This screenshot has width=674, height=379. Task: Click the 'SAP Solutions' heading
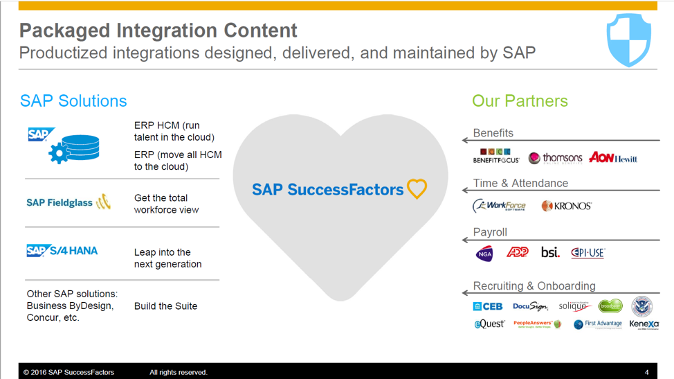[x=73, y=101]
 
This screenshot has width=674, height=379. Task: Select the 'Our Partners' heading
[x=520, y=101]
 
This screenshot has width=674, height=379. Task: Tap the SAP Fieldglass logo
[x=68, y=202]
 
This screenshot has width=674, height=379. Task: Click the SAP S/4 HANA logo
[x=62, y=251]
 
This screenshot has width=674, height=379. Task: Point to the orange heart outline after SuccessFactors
[x=417, y=189]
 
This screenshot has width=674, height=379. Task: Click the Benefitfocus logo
[x=495, y=157]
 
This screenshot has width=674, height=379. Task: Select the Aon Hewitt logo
[x=612, y=158]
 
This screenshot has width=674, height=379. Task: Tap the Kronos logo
[x=566, y=206]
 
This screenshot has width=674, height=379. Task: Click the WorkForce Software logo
[x=499, y=206]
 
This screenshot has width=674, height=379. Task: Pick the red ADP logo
[x=518, y=252]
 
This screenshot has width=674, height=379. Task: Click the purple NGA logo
[x=484, y=254]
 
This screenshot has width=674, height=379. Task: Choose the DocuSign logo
[x=530, y=306]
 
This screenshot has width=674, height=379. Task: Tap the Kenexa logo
[x=644, y=324]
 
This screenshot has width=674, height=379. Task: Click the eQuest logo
[x=489, y=324]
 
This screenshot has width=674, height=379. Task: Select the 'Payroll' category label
[x=490, y=232]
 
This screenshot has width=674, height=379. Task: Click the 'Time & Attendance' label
[x=520, y=183]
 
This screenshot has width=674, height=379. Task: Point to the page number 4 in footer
[x=646, y=372]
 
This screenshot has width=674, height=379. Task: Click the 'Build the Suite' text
[x=165, y=306]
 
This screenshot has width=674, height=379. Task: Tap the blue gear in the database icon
[x=59, y=154]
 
